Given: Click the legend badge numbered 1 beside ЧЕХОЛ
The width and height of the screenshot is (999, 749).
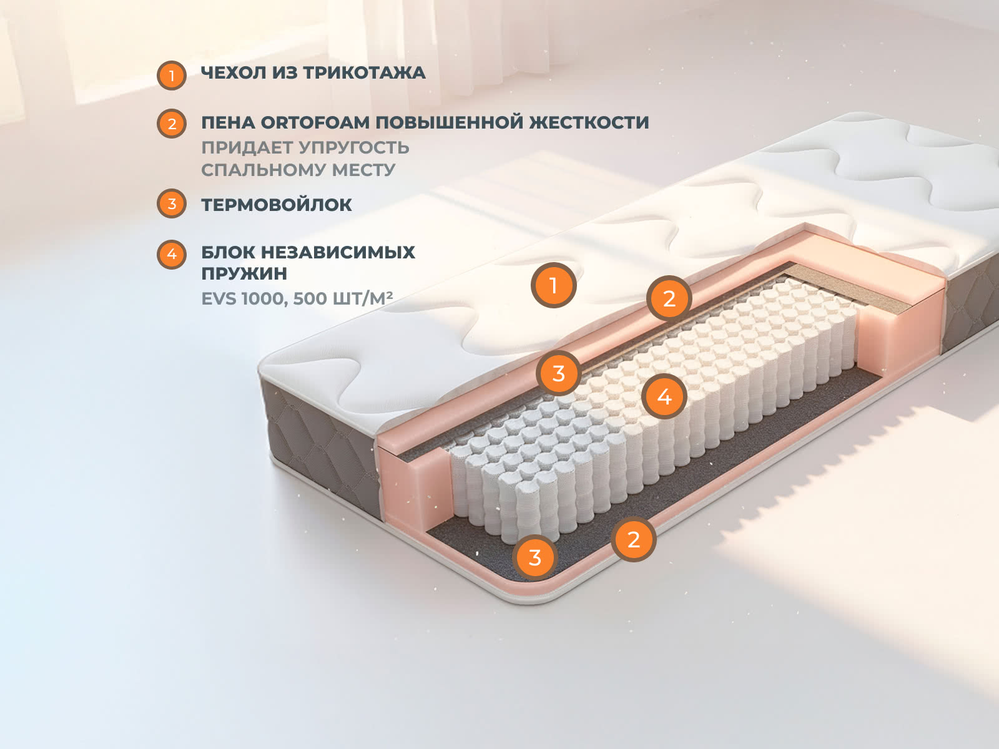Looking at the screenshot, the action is (x=172, y=76).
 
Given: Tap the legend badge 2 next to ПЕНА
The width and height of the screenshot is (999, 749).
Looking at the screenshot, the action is (x=172, y=124).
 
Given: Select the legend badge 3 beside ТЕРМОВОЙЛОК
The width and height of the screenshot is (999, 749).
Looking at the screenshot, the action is (x=172, y=203).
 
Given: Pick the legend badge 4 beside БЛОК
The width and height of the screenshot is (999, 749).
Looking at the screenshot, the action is (x=172, y=254).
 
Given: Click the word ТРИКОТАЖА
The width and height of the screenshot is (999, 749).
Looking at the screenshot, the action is (x=365, y=73).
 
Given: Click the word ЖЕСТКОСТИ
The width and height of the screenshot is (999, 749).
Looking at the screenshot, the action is (x=589, y=123).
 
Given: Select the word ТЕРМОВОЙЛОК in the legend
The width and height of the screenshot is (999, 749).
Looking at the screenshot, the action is (x=277, y=205).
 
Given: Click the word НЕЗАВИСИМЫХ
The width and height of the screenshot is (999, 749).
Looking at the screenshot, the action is (x=338, y=252).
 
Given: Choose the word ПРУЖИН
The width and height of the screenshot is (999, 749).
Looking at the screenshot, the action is (x=244, y=274).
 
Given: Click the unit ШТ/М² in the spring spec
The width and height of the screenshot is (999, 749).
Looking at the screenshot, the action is (x=363, y=298).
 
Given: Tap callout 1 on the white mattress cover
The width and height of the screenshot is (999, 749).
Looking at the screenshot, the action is (x=553, y=286).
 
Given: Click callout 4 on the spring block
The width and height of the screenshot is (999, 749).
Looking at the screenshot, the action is (x=664, y=396).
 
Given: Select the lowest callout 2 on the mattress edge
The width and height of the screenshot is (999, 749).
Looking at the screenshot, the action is (x=634, y=539).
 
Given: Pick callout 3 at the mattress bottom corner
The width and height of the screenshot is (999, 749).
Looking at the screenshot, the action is (x=534, y=557).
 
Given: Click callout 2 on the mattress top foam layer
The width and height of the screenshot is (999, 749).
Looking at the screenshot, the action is (x=669, y=299).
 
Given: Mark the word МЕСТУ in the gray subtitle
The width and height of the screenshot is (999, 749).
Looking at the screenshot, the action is (x=363, y=170).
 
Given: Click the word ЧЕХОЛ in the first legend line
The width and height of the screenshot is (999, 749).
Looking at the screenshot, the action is (x=234, y=73).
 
